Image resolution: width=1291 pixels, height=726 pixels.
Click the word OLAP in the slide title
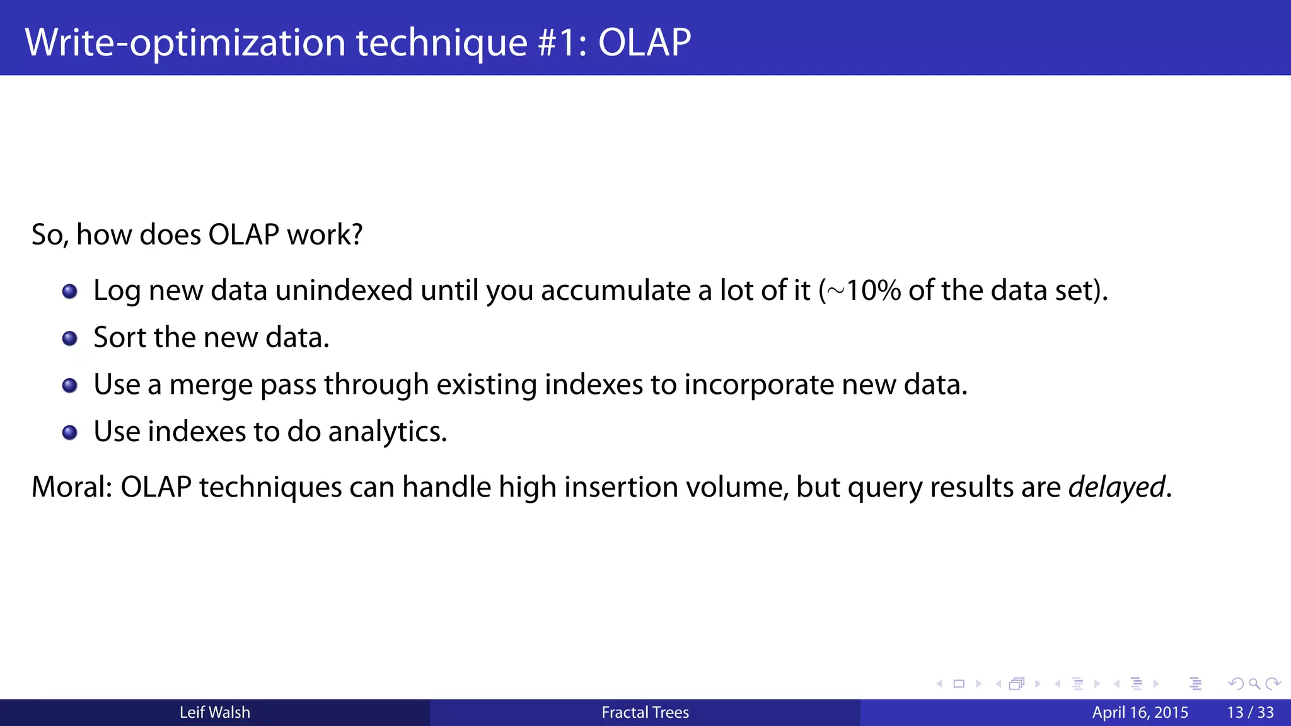click(644, 43)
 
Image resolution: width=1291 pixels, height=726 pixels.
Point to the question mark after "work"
click(356, 234)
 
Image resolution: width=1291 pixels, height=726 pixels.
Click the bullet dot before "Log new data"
click(70, 291)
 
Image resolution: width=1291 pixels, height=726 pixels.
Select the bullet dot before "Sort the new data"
click(70, 338)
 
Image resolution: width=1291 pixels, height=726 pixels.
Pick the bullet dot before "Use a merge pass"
click(70, 385)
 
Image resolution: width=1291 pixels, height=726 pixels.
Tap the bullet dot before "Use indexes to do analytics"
click(70, 432)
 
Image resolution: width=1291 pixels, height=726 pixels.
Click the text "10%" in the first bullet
click(873, 291)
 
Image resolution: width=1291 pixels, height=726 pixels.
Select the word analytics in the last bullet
click(387, 432)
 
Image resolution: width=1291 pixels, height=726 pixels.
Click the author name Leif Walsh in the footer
click(214, 713)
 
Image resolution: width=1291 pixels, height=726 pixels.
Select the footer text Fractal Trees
click(645, 713)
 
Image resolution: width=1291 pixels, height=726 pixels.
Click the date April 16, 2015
click(1140, 713)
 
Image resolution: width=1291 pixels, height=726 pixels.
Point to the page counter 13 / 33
click(1250, 713)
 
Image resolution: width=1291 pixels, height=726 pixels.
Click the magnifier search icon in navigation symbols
click(1254, 684)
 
